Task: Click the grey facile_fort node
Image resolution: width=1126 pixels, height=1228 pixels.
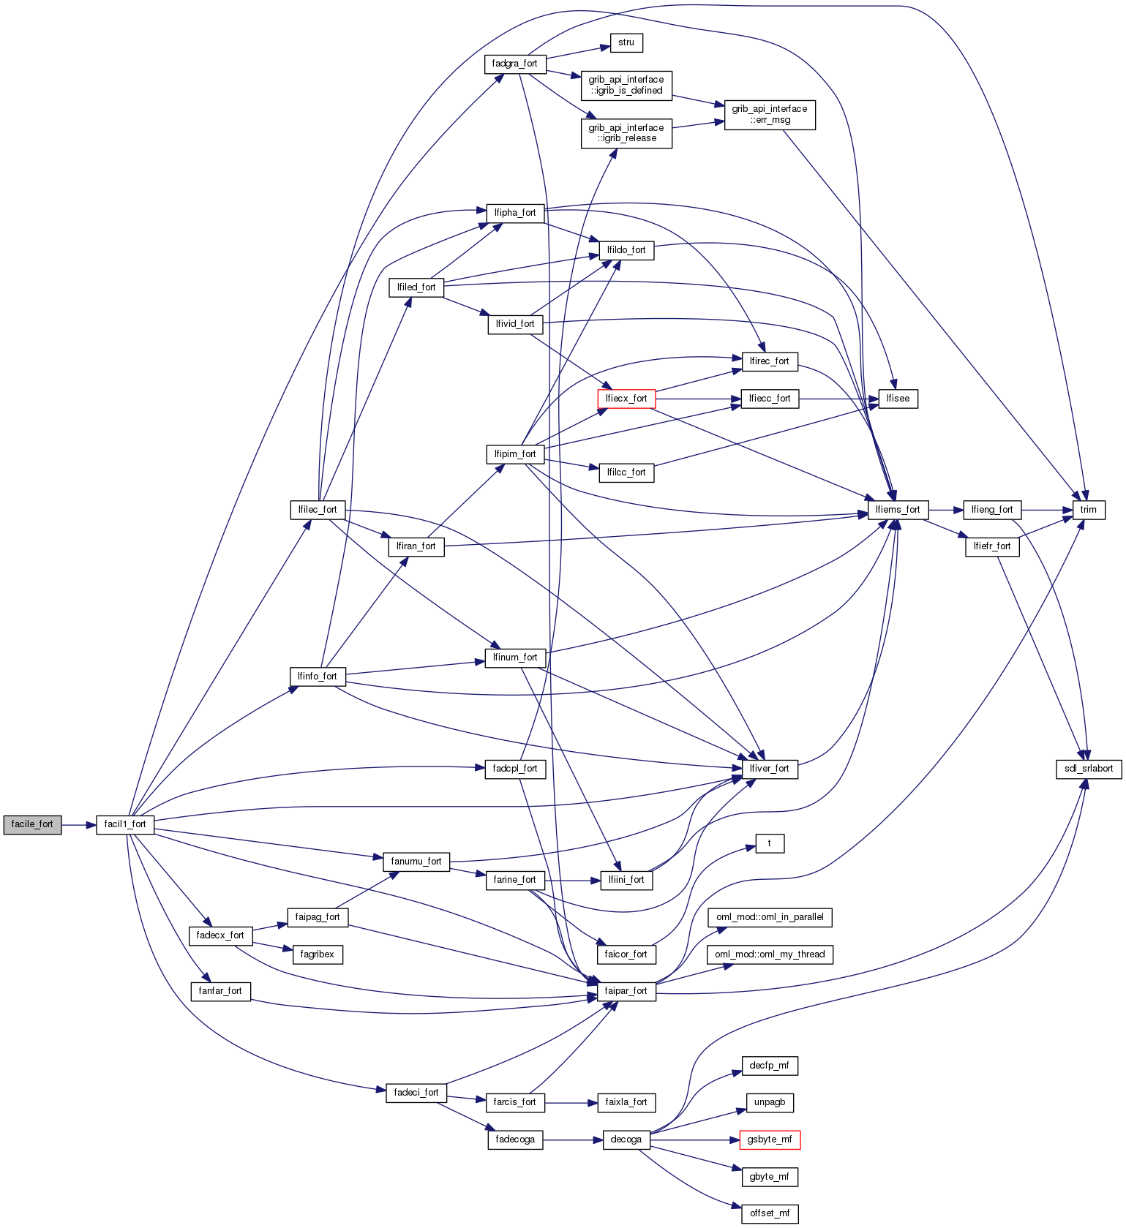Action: [x=32, y=824]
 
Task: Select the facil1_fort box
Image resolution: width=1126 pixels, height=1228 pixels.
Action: [x=125, y=824]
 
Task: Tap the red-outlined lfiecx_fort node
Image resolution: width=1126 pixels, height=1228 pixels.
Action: [x=626, y=399]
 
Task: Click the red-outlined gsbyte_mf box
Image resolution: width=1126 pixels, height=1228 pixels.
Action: [x=770, y=1140]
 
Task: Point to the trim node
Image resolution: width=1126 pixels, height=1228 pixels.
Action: [x=1088, y=510]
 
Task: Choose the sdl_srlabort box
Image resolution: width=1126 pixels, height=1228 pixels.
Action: [x=1089, y=769]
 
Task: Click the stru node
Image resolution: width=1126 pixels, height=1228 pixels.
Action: [x=626, y=42]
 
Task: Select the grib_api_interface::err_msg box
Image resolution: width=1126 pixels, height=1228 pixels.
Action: [x=770, y=114]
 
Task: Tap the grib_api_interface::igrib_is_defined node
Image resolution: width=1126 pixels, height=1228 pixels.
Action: [x=626, y=85]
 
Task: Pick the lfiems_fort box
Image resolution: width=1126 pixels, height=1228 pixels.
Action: [x=898, y=510]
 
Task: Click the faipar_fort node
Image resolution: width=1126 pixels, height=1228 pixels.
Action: [x=626, y=991]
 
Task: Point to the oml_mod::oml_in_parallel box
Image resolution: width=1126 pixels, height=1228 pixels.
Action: [x=770, y=917]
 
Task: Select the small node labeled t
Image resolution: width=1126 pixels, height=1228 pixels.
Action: [x=769, y=843]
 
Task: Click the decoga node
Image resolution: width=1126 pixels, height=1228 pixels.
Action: [x=626, y=1140]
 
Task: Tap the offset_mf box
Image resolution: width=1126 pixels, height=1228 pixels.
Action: [x=770, y=1213]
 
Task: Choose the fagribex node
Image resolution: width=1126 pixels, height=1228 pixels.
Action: [x=318, y=954]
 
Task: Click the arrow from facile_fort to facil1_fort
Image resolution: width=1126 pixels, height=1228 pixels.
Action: [x=79, y=824]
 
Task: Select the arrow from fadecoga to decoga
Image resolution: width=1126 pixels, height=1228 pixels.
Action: [x=573, y=1140]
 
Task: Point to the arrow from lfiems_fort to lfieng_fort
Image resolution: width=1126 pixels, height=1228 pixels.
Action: [x=946, y=510]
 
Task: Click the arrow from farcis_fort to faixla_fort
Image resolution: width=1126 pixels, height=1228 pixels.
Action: [x=570, y=1102]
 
